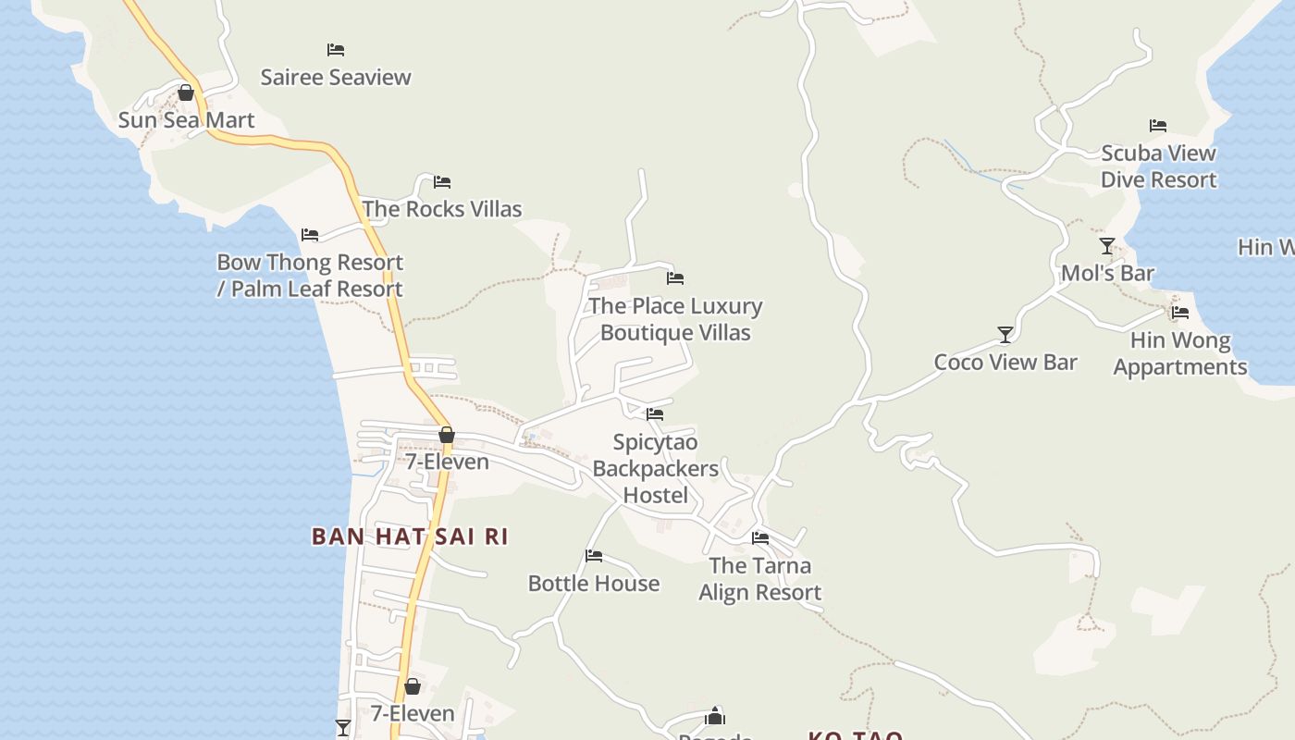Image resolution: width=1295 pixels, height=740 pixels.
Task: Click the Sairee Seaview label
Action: tap(336, 77)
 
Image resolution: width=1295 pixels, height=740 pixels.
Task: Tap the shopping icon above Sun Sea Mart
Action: tap(186, 92)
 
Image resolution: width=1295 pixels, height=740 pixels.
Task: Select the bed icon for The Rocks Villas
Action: tap(442, 181)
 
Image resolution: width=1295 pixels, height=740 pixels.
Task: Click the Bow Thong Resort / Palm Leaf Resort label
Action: tap(310, 276)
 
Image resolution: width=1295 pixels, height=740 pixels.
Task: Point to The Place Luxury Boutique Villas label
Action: tap(675, 319)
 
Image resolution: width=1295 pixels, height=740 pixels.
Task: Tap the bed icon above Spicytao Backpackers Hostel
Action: tap(655, 414)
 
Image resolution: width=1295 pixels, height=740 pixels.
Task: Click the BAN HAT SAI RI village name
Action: tap(410, 536)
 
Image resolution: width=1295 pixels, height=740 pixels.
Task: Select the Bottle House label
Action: tap(594, 584)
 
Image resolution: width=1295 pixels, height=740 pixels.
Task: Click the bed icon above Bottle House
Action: tap(594, 556)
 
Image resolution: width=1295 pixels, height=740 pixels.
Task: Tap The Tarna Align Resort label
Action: tap(760, 579)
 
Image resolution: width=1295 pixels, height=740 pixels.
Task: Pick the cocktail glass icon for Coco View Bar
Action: tap(1005, 334)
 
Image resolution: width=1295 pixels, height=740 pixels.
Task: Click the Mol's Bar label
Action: tap(1107, 274)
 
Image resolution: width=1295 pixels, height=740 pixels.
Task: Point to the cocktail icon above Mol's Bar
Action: tap(1107, 246)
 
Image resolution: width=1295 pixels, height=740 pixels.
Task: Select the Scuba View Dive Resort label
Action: tap(1158, 166)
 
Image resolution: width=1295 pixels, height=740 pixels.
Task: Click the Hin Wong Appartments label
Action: tap(1180, 354)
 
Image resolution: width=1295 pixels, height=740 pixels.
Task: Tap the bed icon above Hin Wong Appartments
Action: tap(1180, 313)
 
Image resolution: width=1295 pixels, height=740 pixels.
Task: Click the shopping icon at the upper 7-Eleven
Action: tap(447, 435)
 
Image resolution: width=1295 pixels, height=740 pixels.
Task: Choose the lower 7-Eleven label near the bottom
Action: tap(413, 714)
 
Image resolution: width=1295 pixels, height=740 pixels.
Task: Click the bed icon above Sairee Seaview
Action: tap(336, 50)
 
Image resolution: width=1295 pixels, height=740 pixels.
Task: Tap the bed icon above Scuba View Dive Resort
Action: tap(1158, 126)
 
